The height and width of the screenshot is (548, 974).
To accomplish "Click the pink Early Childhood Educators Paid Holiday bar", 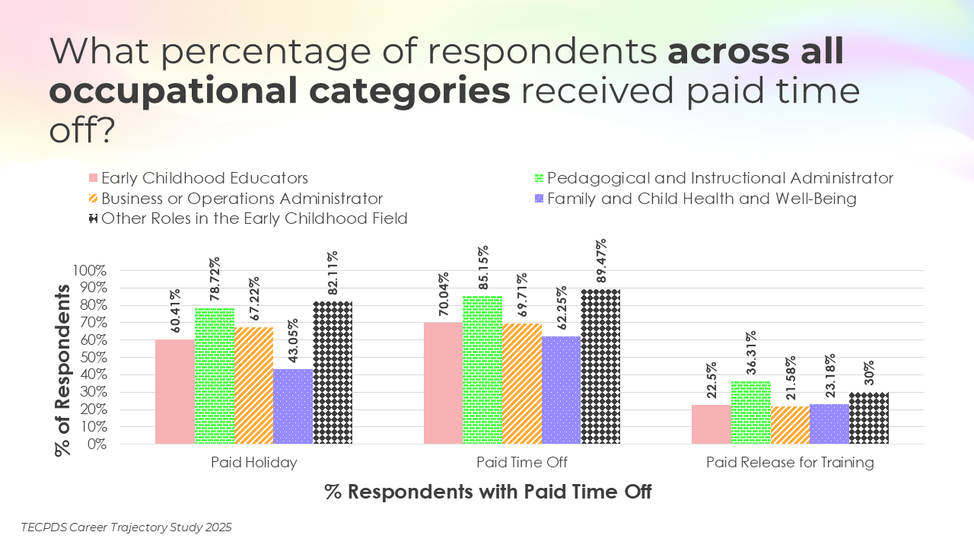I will pyautogui.click(x=175, y=391).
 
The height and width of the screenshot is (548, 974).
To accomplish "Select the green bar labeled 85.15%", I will pyautogui.click(x=482, y=370).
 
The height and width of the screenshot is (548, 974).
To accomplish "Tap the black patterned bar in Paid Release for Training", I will pyautogui.click(x=869, y=418).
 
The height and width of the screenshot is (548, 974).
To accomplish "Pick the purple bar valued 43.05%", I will pyautogui.click(x=293, y=406).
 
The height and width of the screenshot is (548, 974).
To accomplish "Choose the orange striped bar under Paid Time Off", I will pyautogui.click(x=522, y=384).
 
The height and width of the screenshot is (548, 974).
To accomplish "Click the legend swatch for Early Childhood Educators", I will pyautogui.click(x=94, y=178).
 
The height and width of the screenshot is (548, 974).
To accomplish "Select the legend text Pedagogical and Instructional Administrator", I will pyautogui.click(x=720, y=178).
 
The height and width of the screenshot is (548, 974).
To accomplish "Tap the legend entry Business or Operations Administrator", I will pyautogui.click(x=241, y=199).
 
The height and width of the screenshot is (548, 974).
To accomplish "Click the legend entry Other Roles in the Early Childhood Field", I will pyautogui.click(x=254, y=219).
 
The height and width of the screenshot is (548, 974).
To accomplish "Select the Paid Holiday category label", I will pyautogui.click(x=254, y=463).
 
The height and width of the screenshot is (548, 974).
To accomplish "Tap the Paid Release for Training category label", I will pyautogui.click(x=790, y=463).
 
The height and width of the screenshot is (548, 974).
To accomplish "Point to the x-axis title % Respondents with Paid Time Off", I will pyautogui.click(x=488, y=492).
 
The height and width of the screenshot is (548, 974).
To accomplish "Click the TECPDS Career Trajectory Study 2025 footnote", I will pyautogui.click(x=126, y=527).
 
